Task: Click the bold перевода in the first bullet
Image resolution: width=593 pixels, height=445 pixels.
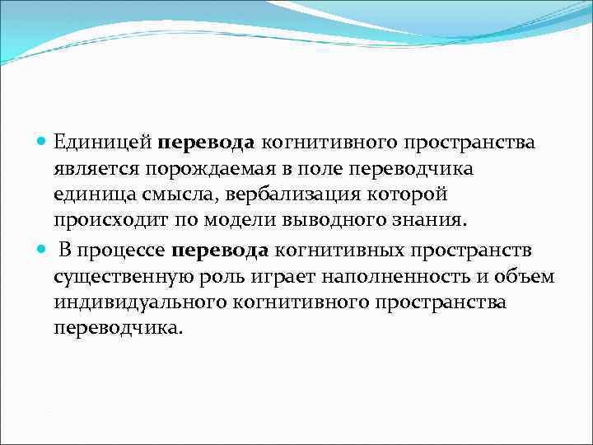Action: coord(207,143)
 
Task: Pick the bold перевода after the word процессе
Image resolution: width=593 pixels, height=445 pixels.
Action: coord(221,251)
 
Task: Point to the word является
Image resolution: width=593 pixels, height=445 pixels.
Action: coord(96,169)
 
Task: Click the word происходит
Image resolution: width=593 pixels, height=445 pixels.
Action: coord(103,222)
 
